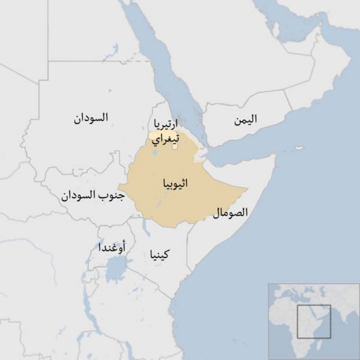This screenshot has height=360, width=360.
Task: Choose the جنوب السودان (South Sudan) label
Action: point(93,196)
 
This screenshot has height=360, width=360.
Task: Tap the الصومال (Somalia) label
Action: point(230,212)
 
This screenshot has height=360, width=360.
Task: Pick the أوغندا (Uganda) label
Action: point(112,247)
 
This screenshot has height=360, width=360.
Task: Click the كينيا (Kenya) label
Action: point(157,256)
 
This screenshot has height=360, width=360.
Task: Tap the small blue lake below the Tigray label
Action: point(156,153)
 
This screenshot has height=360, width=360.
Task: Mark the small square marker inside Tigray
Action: point(175,146)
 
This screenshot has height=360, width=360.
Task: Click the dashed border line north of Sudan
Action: point(143,60)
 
